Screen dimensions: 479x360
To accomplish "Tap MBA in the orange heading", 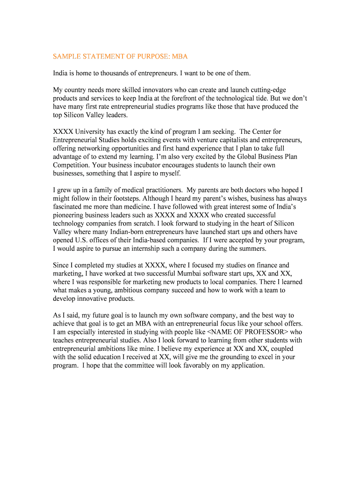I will click(180, 57).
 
